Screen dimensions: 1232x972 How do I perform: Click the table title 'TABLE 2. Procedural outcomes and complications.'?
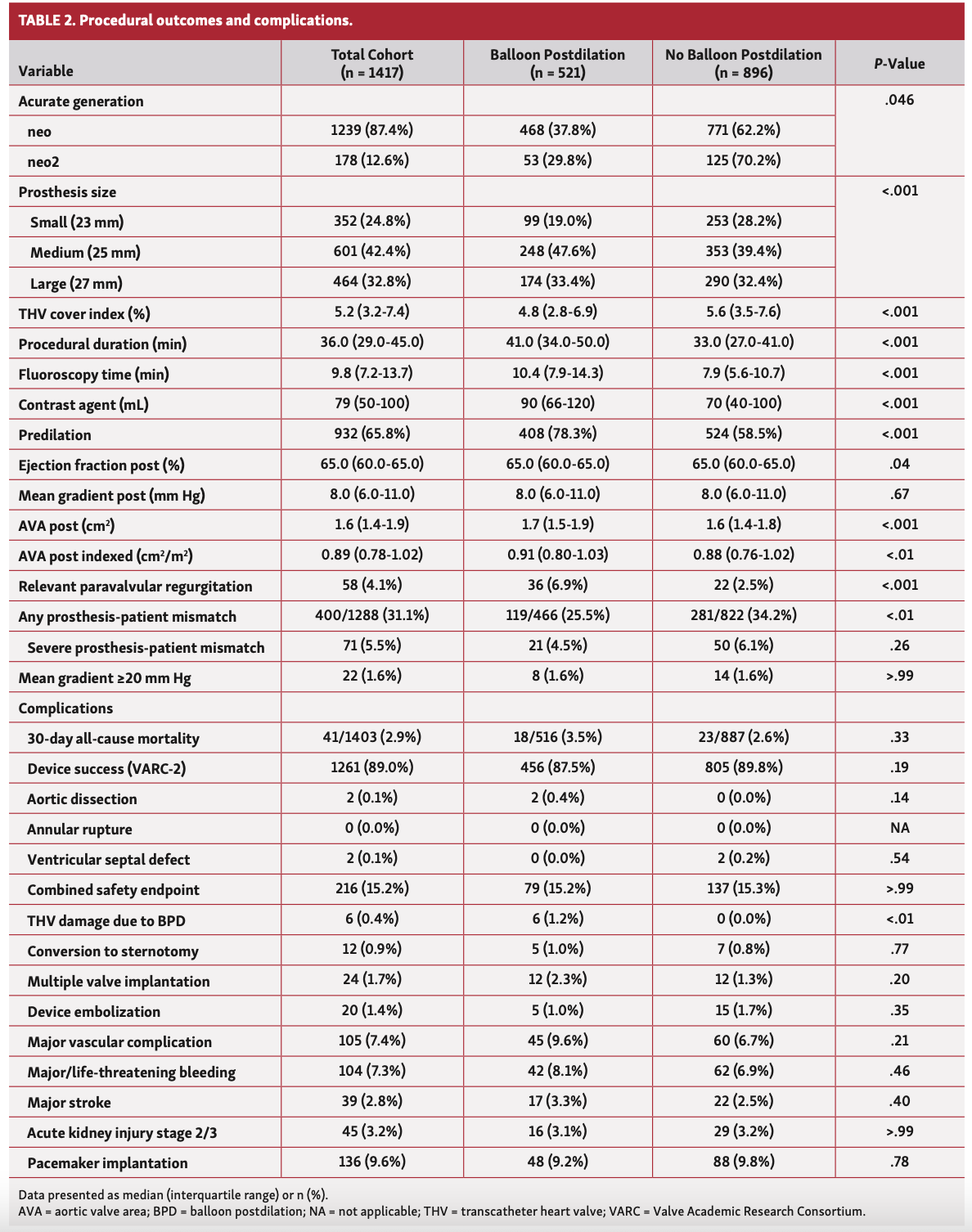[186, 20]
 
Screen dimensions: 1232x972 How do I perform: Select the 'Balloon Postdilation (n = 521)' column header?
[557, 63]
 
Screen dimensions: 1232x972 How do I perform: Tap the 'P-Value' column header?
[899, 64]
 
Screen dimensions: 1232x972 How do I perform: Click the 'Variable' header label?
[46, 71]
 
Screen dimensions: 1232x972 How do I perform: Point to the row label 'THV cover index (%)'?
[84, 314]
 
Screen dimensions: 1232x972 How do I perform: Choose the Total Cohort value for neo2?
[371, 160]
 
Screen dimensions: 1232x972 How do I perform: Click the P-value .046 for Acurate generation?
[899, 101]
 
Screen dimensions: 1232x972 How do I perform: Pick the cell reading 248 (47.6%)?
[557, 251]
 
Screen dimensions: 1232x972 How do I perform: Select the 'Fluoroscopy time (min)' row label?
[94, 375]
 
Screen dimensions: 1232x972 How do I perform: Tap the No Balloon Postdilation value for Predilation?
[743, 434]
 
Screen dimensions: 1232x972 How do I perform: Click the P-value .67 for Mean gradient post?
[899, 494]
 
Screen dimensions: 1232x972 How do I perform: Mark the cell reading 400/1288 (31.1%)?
[371, 615]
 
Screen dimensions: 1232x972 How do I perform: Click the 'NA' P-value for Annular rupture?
[899, 828]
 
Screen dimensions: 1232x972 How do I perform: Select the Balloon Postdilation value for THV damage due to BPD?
[557, 919]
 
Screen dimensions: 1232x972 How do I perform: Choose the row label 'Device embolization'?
[94, 1012]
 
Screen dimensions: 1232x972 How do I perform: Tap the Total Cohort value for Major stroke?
[371, 1101]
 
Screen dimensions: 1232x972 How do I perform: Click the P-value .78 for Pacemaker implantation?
[899, 1162]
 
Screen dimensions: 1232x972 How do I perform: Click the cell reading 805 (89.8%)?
[743, 767]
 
